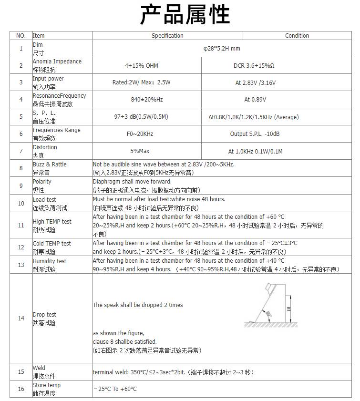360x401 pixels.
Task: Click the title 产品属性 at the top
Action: (185, 15)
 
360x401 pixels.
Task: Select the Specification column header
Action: (167, 36)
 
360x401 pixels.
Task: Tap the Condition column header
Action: (297, 36)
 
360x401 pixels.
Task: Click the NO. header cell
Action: (21, 36)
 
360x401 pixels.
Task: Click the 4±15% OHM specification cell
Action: (141, 66)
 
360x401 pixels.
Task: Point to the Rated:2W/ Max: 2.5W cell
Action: (141, 82)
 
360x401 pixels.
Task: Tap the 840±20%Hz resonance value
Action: (146, 100)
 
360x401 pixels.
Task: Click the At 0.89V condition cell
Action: (255, 100)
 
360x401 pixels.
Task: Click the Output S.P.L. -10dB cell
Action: (255, 134)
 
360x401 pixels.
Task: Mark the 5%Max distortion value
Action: (140, 151)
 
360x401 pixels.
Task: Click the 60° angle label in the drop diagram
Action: (269, 314)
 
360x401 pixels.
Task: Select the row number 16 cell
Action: (21, 389)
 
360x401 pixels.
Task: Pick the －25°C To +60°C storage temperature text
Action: (115, 389)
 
